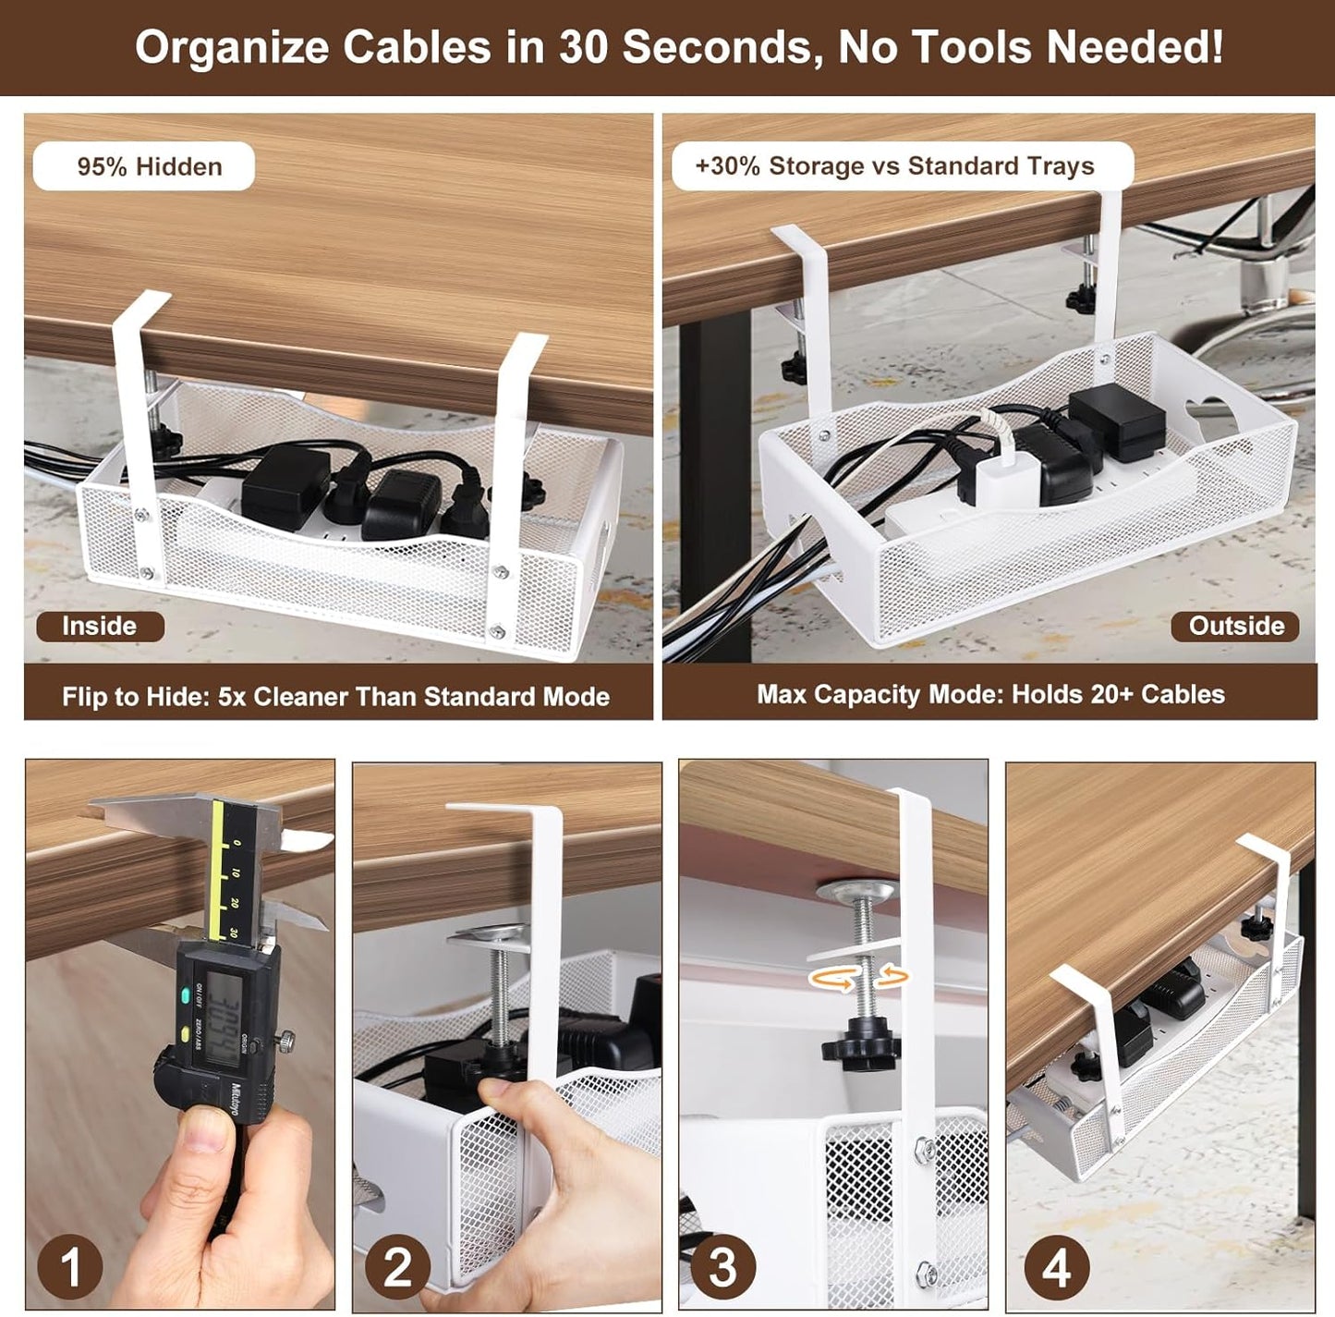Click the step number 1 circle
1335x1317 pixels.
[69, 1266]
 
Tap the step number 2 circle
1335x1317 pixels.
[397, 1266]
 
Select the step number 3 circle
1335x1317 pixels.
[722, 1266]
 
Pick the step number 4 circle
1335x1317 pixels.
[1056, 1266]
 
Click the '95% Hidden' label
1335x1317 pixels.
[145, 166]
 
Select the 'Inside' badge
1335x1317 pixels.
[100, 626]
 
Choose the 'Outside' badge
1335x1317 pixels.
[1235, 626]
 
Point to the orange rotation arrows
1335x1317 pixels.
[858, 977]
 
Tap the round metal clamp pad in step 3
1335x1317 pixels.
[856, 891]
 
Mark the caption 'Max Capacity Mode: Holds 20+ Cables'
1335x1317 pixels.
[990, 694]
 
